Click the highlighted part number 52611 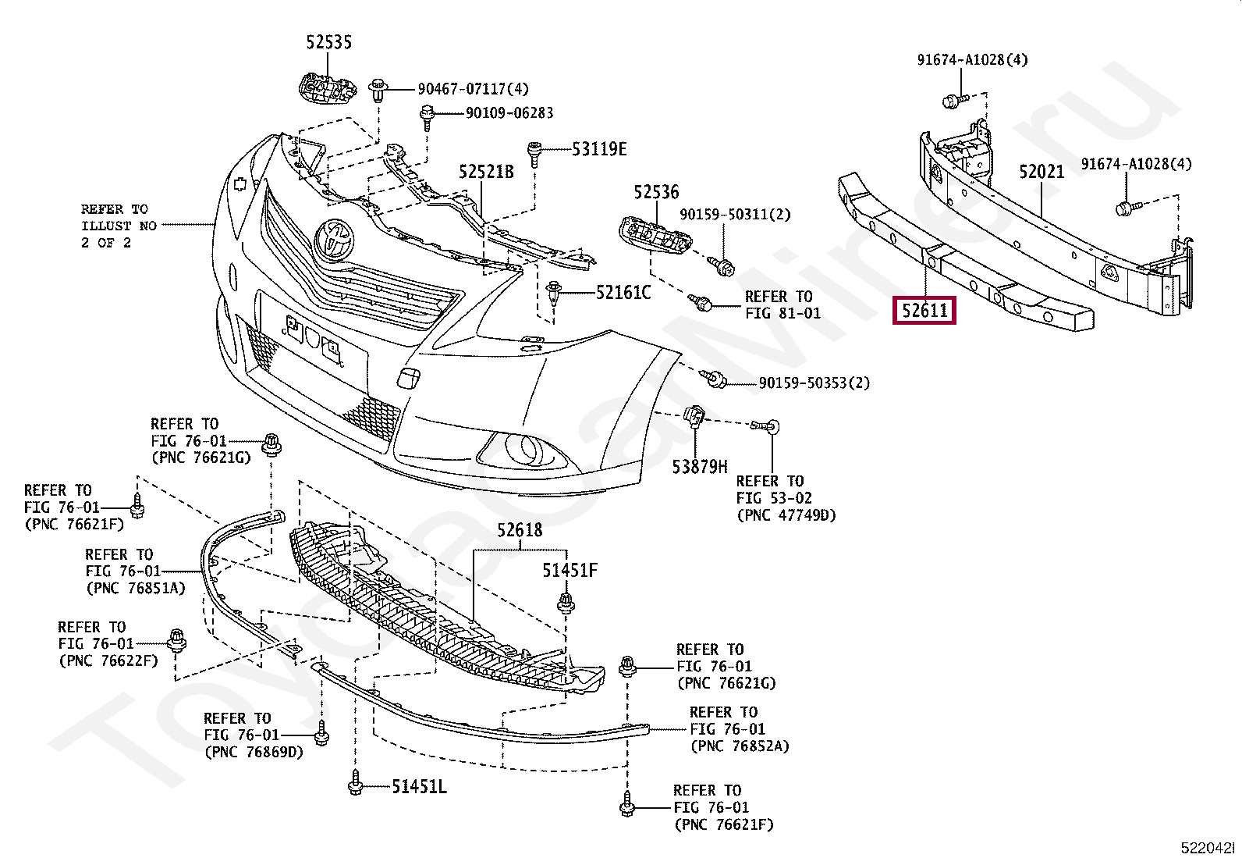pyautogui.click(x=924, y=311)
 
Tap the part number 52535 pyautogui.click(x=328, y=42)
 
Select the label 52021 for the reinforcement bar pyautogui.click(x=1042, y=172)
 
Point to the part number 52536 pyautogui.click(x=656, y=192)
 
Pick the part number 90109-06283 pyautogui.click(x=509, y=113)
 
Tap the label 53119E pyautogui.click(x=599, y=148)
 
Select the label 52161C pyautogui.click(x=623, y=293)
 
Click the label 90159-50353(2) pyautogui.click(x=814, y=383)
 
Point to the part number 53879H pyautogui.click(x=700, y=467)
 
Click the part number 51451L pyautogui.click(x=419, y=786)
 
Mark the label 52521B pyautogui.click(x=486, y=171)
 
